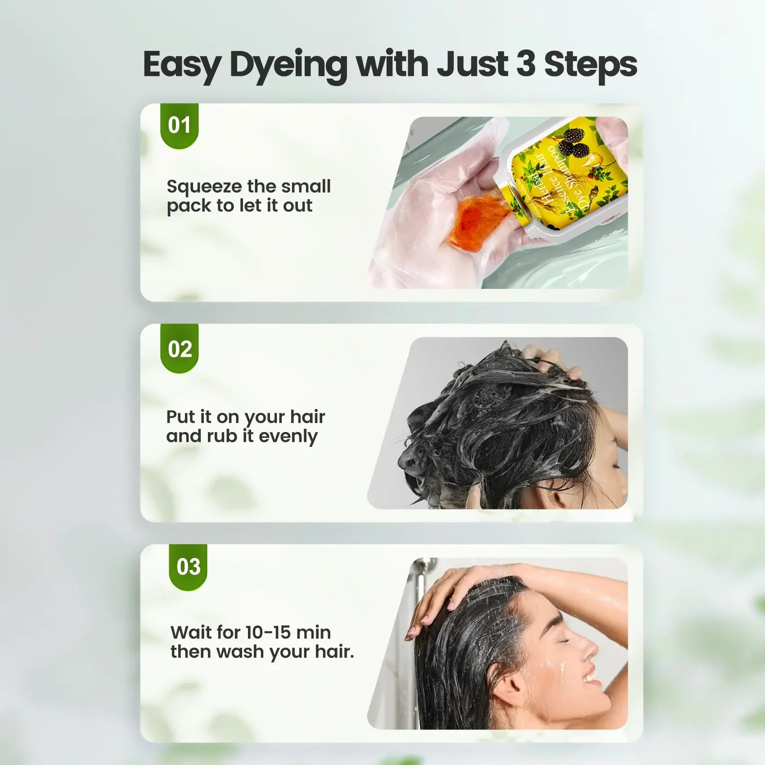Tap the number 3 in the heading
pyautogui.click(x=526, y=64)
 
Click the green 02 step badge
pyautogui.click(x=179, y=349)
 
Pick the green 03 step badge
pyautogui.click(x=188, y=567)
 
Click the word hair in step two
pyautogui.click(x=307, y=417)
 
